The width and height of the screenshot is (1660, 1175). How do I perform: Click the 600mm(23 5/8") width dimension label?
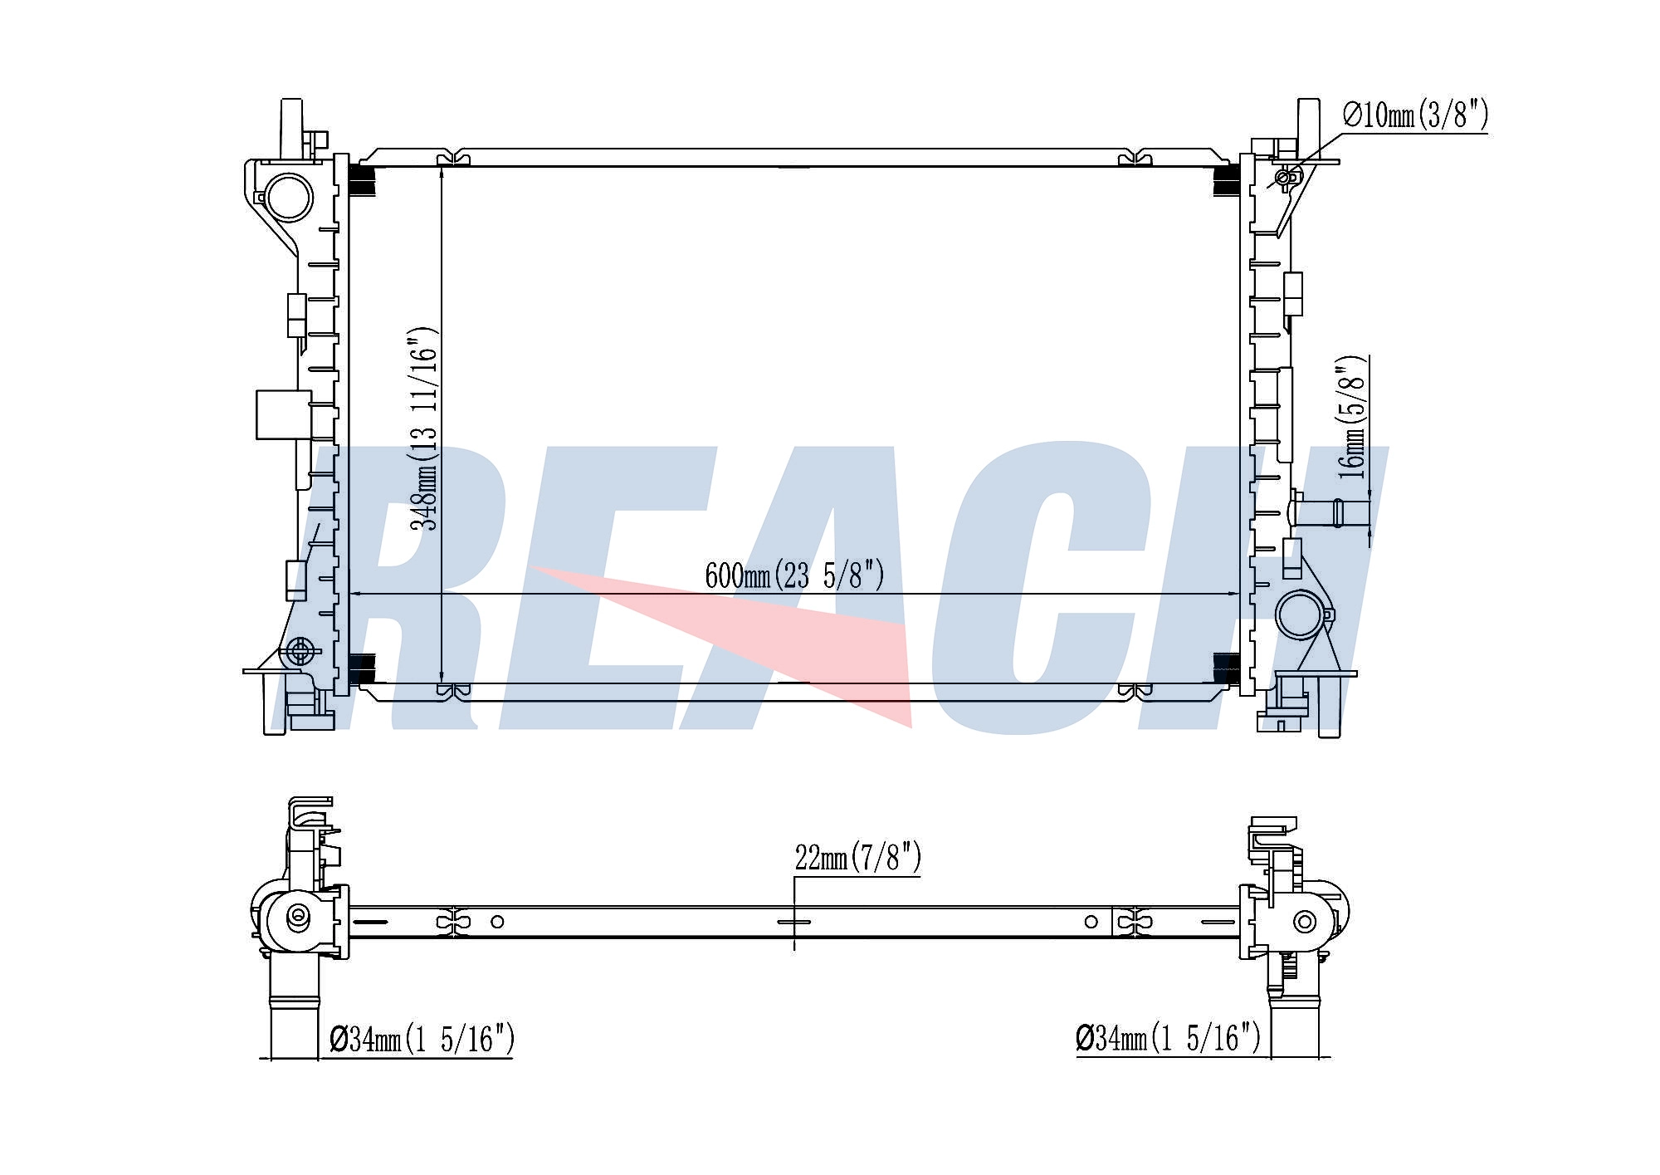[x=794, y=575]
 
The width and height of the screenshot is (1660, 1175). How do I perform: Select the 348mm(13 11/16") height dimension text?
[x=422, y=428]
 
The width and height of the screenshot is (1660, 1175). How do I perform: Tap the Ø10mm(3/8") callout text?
[x=1415, y=115]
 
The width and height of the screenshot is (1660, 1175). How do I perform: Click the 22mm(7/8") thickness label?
[x=857, y=858]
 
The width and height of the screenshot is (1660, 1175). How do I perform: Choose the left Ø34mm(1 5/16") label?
[x=422, y=1038]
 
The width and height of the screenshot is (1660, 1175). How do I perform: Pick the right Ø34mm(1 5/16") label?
[x=1168, y=1038]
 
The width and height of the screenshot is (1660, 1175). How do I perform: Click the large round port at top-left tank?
[x=289, y=198]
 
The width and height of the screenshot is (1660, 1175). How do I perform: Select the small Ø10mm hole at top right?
[x=1283, y=177]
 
